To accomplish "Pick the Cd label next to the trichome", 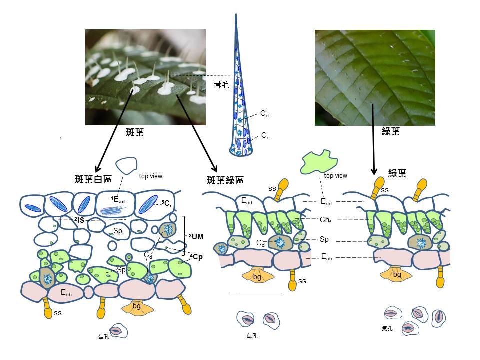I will [x=264, y=113].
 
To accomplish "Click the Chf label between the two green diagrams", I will [x=325, y=220].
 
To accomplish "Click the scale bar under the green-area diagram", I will [x=254, y=293].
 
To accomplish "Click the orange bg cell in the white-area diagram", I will [x=136, y=306].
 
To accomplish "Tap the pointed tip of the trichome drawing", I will [x=236, y=15].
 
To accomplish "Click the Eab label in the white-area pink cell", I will [x=66, y=293].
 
